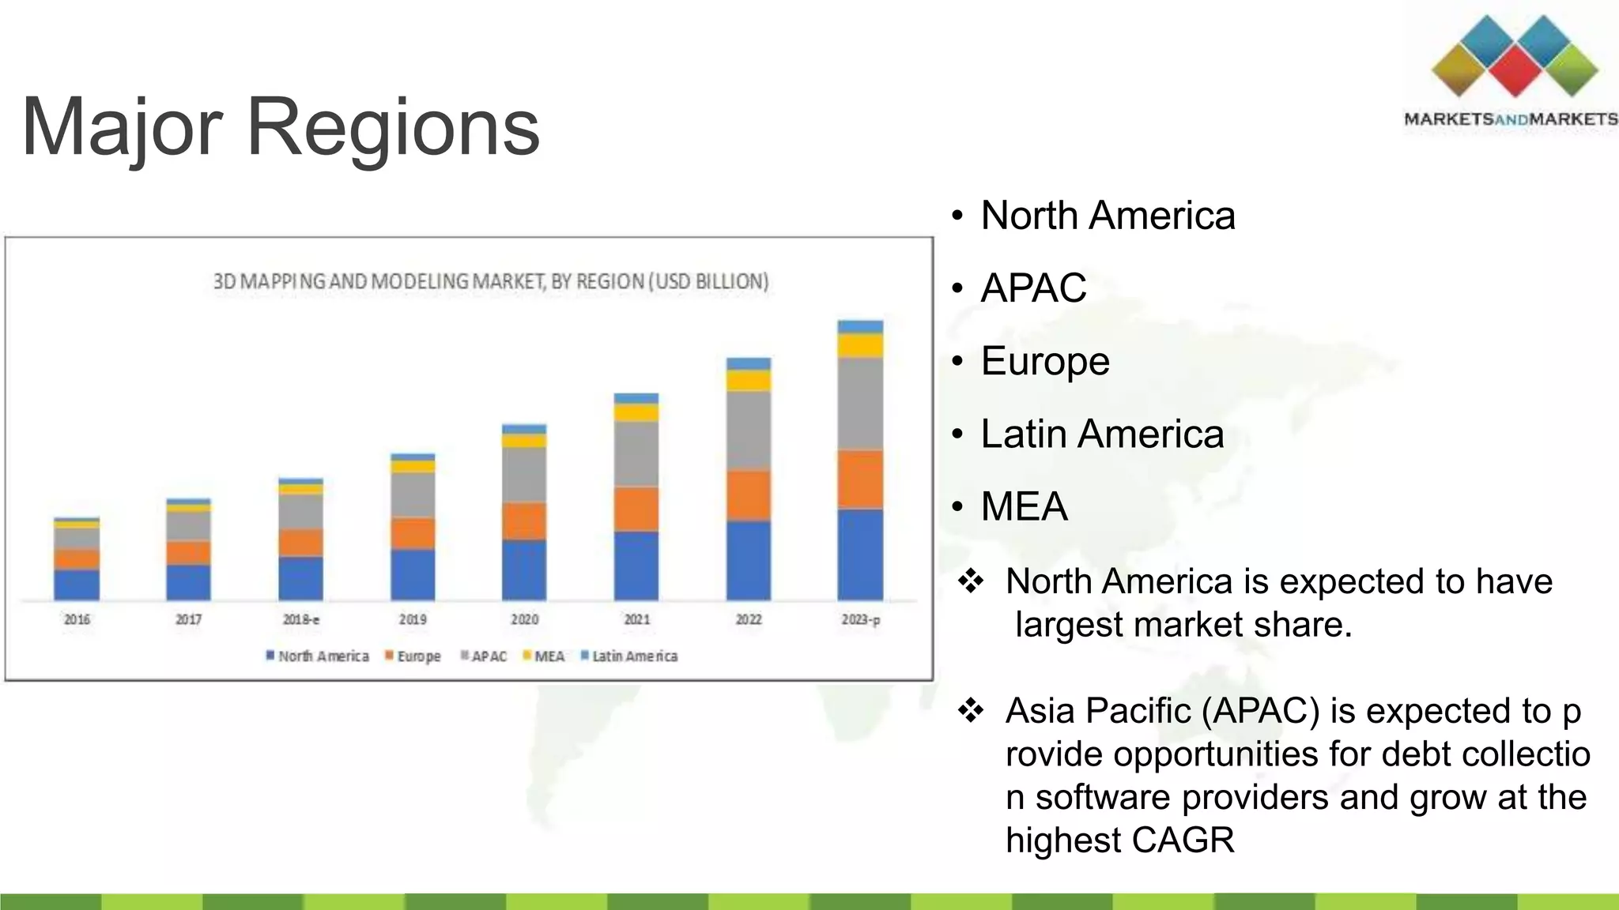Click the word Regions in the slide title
[x=393, y=126]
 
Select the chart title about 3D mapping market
[x=491, y=281]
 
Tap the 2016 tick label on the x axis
[x=77, y=619]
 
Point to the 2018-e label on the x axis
[x=301, y=619]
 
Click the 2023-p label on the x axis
[x=860, y=619]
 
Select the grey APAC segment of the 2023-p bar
[x=860, y=404]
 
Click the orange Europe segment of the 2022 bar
[x=748, y=495]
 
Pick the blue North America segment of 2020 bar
[x=524, y=570]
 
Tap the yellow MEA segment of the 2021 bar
[x=636, y=412]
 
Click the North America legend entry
[x=317, y=656]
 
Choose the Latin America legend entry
[x=629, y=656]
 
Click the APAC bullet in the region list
[x=1032, y=288]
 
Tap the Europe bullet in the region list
[x=1044, y=361]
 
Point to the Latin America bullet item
[x=1101, y=434]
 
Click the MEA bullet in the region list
[x=1024, y=506]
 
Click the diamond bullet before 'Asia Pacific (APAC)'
[x=970, y=710]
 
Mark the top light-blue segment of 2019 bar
[x=413, y=457]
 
